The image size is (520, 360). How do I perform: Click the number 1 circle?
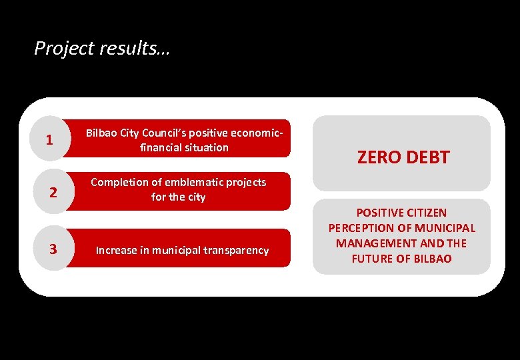[x=49, y=140]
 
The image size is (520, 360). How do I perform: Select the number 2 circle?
[x=53, y=193]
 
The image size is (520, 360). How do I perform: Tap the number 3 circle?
[x=53, y=249]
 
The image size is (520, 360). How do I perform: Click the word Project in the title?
[x=57, y=49]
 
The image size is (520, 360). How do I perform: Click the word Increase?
[x=117, y=251]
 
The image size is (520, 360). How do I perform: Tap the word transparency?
[x=236, y=251]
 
